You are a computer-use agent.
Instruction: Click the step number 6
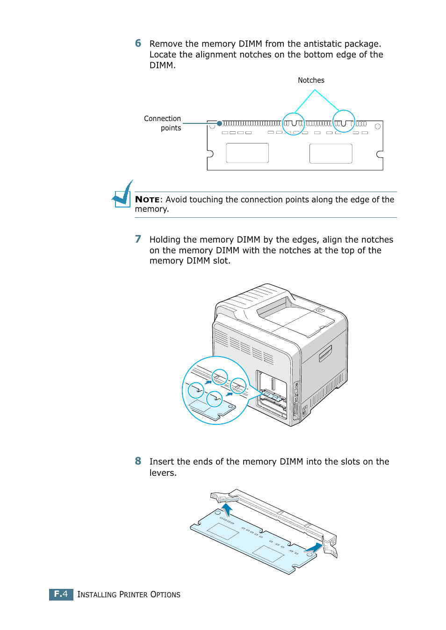(x=138, y=43)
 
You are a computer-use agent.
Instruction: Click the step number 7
(x=138, y=239)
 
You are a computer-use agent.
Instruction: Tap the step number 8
(x=138, y=461)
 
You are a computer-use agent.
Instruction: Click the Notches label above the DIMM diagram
(x=311, y=80)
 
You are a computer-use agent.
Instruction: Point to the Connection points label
(x=163, y=123)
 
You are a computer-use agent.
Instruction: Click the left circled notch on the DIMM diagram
(x=294, y=123)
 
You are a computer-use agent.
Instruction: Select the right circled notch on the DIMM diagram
(x=344, y=122)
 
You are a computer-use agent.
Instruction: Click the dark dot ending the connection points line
(x=219, y=123)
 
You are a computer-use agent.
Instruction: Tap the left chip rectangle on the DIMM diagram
(x=247, y=153)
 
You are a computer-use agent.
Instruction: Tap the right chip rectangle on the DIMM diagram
(x=331, y=153)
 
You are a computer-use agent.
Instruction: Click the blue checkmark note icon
(x=123, y=195)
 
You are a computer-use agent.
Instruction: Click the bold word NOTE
(x=147, y=200)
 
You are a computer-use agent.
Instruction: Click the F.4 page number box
(x=61, y=594)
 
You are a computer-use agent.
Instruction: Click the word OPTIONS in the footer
(x=165, y=594)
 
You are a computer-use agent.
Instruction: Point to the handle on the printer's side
(x=325, y=353)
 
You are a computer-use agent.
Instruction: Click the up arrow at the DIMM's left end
(x=227, y=509)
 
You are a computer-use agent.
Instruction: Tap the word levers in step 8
(x=162, y=472)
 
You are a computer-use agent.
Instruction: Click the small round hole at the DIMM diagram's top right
(x=378, y=126)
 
